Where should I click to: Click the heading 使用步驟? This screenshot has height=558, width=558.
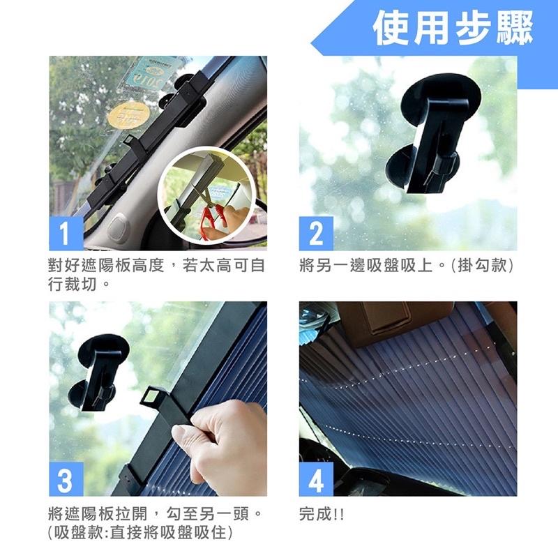point(452,29)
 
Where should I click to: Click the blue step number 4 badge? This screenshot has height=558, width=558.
point(315,482)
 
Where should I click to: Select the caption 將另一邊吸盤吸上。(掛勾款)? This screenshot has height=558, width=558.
point(407,266)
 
